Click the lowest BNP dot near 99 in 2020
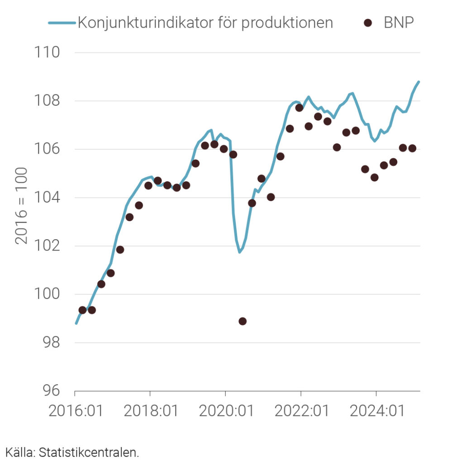point(243,321)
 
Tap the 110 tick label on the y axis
point(48,52)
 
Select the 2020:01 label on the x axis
point(225,412)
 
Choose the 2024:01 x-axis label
point(376,412)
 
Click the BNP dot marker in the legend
point(368,23)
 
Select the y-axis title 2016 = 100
point(21,206)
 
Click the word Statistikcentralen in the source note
point(89,452)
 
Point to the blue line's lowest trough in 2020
point(239,252)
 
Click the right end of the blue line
point(419,82)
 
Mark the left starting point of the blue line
point(76,323)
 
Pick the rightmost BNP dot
point(412,148)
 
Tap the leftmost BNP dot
point(82,310)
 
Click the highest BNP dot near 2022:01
point(299,108)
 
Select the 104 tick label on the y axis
point(48,198)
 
